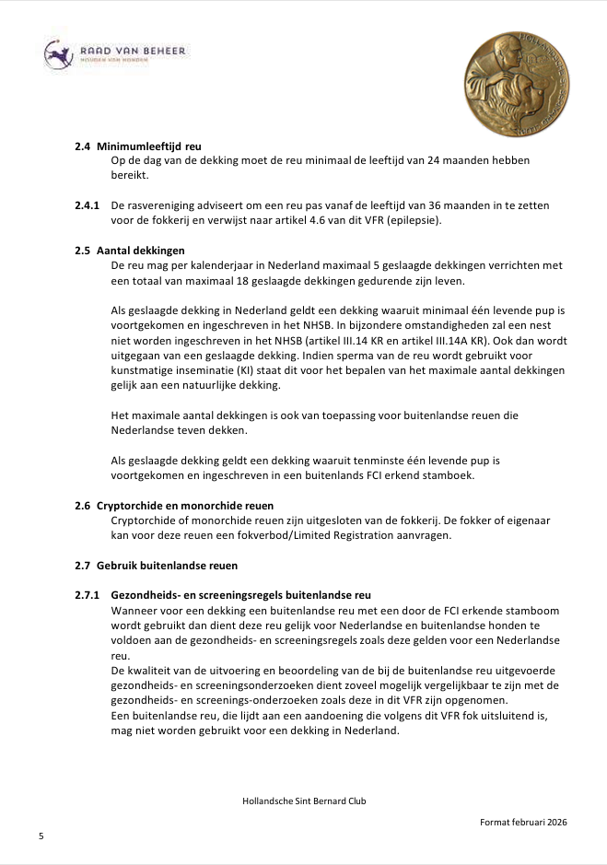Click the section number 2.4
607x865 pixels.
pos(83,146)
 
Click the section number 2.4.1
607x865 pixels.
pos(88,205)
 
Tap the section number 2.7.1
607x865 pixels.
pos(88,595)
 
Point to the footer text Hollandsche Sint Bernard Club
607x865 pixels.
pos(304,801)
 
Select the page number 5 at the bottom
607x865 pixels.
pos(41,836)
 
